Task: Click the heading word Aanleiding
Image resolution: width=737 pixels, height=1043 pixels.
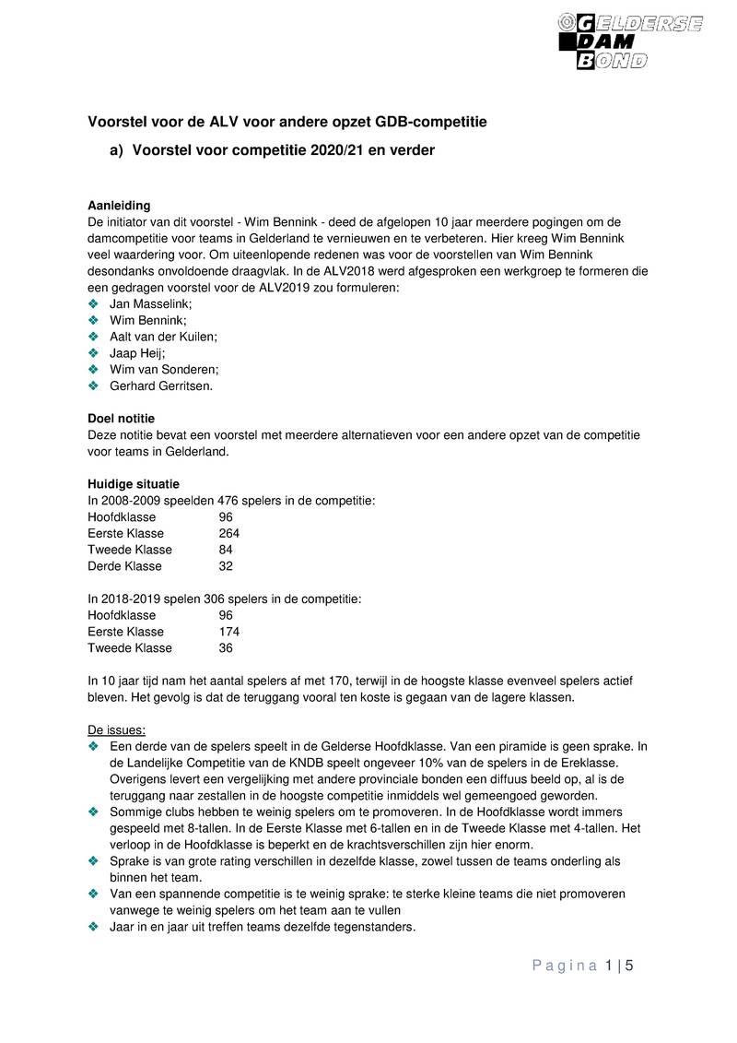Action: tap(119, 205)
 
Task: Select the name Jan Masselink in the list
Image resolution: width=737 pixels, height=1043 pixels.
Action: tap(150, 303)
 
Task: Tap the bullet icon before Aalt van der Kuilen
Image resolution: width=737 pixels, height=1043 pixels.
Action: tap(93, 337)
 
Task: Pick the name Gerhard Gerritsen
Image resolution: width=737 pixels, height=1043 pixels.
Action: tap(161, 385)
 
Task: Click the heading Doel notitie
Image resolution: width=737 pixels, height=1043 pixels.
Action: tap(122, 418)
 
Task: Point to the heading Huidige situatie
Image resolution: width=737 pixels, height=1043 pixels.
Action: tap(134, 483)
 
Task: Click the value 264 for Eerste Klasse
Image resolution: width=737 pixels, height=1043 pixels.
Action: tap(229, 533)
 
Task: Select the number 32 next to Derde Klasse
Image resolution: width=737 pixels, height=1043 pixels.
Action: tap(226, 566)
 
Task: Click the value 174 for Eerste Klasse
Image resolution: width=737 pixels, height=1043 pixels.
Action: tap(229, 632)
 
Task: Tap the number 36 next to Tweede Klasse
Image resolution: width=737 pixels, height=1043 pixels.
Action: tap(226, 648)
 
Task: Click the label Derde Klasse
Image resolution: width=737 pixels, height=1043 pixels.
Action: tap(124, 566)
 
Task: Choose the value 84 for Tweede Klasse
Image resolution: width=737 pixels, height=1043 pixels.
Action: tap(226, 550)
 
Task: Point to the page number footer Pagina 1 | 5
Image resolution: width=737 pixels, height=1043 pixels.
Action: tap(584, 966)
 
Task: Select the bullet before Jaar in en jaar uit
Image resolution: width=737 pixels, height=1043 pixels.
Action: tap(93, 927)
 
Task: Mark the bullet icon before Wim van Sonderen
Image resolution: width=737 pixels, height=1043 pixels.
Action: tap(93, 369)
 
